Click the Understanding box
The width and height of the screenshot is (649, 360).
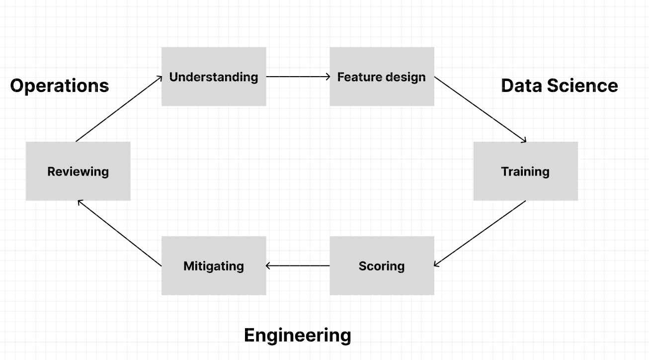point(214,77)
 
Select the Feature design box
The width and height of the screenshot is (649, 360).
point(382,77)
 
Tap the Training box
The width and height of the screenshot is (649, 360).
point(525,171)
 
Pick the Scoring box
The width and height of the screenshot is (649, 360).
point(382,266)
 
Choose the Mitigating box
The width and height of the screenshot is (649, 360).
point(214,266)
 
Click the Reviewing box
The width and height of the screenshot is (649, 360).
point(78,171)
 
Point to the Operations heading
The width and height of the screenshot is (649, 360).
point(60,86)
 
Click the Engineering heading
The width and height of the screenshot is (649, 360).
point(297,335)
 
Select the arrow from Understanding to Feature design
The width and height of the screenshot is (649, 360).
point(298,77)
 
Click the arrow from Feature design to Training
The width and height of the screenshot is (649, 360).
point(480,109)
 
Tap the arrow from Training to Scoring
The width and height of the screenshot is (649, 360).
point(480,233)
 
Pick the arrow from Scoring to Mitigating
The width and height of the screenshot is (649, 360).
point(298,266)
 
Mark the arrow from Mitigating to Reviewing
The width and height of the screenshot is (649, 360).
point(120,233)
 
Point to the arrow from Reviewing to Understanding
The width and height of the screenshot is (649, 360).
point(119,109)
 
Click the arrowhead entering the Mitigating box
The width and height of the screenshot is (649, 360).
point(269,266)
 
